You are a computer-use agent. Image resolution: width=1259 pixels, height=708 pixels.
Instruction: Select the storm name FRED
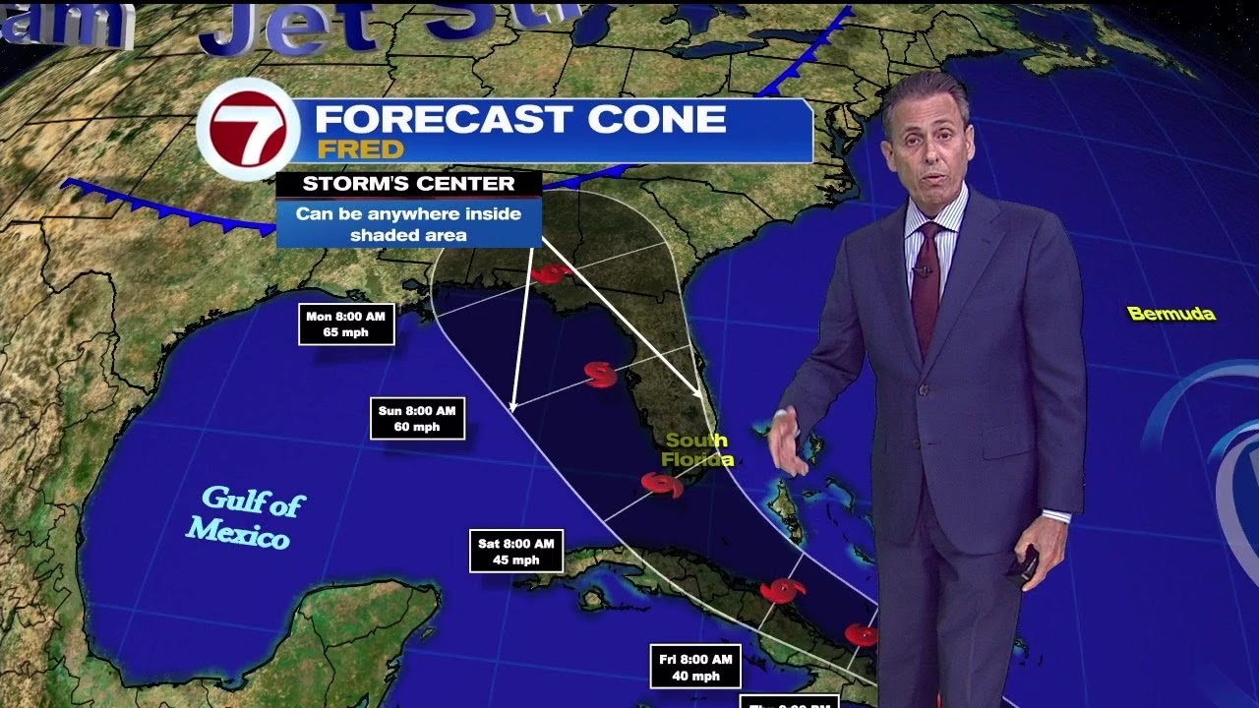(x=360, y=149)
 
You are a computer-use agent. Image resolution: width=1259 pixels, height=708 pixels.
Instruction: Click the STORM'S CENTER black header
(x=408, y=184)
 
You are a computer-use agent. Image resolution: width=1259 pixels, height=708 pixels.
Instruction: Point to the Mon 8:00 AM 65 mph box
(x=346, y=324)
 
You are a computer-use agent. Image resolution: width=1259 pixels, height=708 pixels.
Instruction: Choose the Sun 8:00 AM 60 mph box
(x=417, y=418)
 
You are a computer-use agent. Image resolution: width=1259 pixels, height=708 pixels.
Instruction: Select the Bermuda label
(x=1170, y=315)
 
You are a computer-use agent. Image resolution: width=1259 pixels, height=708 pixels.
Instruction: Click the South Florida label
(x=695, y=449)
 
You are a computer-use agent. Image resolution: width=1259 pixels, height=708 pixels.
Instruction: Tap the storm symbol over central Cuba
(x=784, y=590)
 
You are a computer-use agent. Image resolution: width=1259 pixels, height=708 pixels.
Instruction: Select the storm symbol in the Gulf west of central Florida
(x=599, y=374)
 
